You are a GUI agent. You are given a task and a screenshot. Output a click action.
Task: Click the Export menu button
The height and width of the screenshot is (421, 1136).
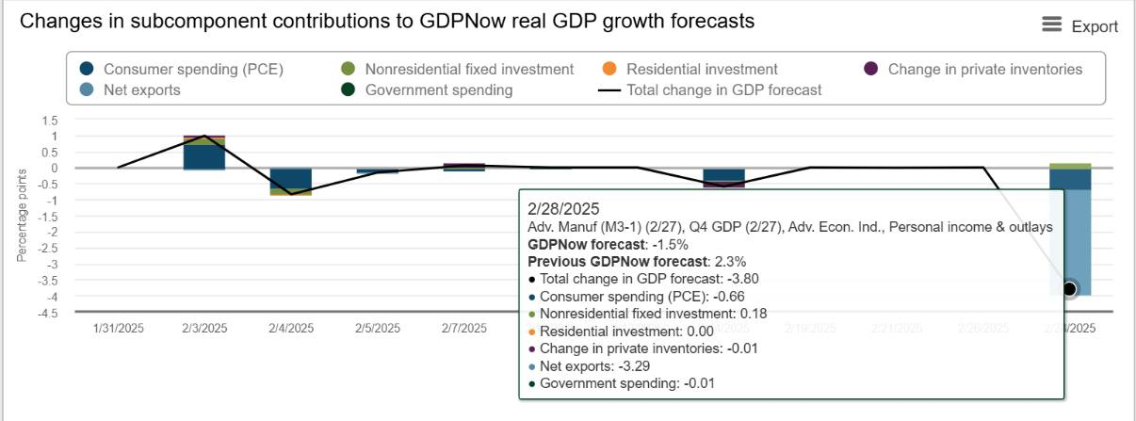click(1079, 26)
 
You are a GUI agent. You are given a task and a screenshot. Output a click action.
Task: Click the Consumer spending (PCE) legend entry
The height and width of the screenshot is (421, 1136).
click(181, 69)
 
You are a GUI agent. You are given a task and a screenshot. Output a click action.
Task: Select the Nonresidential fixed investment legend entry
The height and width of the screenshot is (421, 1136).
click(456, 69)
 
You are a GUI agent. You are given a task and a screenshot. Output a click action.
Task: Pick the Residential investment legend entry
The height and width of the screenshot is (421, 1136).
click(689, 69)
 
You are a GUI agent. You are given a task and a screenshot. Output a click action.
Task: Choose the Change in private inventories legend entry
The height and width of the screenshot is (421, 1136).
click(972, 69)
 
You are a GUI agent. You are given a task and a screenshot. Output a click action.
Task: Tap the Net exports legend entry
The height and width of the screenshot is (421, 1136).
click(130, 89)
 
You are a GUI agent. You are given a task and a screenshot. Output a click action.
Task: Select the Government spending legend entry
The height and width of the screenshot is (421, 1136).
click(426, 89)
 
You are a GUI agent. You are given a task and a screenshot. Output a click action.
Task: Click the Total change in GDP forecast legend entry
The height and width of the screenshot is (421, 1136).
click(710, 89)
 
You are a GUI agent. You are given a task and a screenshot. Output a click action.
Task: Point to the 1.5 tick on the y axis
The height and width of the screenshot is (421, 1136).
click(49, 120)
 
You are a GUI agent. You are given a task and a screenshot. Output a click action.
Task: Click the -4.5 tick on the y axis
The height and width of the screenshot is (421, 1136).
click(46, 312)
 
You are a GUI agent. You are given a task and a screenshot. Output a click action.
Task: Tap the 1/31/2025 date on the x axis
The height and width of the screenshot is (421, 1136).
click(118, 329)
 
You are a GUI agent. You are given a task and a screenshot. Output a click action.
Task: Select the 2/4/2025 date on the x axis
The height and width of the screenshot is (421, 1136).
click(291, 329)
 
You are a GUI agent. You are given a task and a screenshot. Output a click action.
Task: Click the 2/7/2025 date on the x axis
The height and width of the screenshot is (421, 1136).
click(464, 329)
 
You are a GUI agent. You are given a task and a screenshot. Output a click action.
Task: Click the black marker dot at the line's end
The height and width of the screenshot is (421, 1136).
click(1070, 289)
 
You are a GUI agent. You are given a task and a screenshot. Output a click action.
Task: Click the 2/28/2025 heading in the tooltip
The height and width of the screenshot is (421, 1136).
click(563, 209)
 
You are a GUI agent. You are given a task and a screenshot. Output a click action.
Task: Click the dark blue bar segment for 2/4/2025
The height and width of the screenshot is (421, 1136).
click(291, 179)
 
